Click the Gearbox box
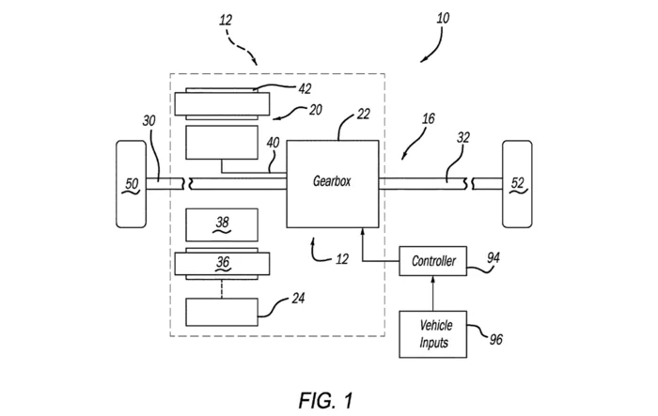[333, 183]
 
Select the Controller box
[434, 260]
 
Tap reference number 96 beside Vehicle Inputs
[495, 337]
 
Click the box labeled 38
[222, 223]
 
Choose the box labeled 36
[222, 264]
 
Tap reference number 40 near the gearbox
[274, 144]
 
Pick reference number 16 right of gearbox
[428, 120]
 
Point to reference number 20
[315, 111]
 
